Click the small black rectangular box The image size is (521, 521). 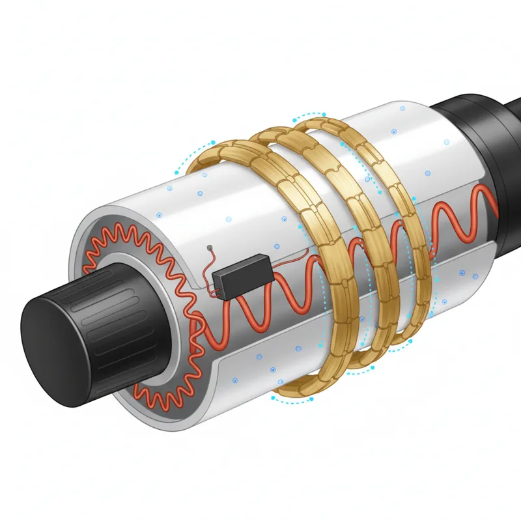[x=242, y=275]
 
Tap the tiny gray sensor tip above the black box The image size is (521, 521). [x=208, y=247]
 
